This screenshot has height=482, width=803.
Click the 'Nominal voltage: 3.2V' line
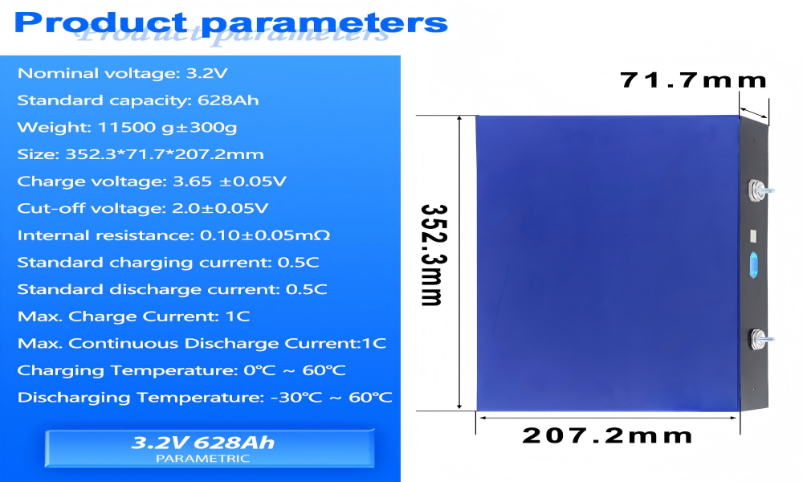123,73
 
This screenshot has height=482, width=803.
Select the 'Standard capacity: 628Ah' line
138,100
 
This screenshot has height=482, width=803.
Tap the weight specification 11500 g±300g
127,127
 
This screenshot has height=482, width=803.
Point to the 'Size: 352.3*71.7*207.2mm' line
141,154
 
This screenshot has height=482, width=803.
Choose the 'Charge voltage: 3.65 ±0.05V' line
152,182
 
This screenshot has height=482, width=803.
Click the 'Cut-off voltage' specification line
143,208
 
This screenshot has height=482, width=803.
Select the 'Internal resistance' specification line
173,235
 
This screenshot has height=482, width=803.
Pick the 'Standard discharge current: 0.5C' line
172,289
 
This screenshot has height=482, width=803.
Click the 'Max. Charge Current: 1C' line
133,317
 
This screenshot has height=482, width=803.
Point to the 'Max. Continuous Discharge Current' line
202,343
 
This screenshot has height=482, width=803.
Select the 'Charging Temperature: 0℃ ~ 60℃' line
181,370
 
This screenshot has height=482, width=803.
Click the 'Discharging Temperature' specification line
205,398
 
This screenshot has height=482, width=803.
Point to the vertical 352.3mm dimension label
433,255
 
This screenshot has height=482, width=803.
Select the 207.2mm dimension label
607,436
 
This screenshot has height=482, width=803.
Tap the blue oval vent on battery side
755,264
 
